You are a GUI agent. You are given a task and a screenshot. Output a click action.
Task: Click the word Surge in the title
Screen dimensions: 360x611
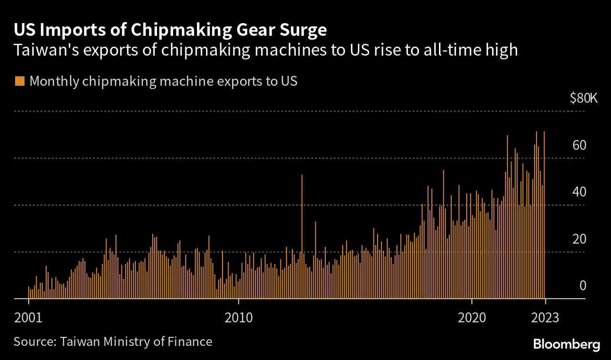click(304, 30)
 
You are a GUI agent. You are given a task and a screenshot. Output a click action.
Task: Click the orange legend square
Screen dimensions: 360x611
click(19, 81)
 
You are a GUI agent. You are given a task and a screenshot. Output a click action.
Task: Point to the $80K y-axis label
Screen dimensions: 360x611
click(583, 98)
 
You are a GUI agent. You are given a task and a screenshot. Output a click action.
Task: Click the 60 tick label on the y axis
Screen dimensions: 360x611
click(579, 145)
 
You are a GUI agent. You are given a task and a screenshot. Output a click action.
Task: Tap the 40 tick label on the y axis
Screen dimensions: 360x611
click(579, 192)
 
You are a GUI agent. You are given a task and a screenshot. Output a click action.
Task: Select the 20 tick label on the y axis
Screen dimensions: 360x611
click(579, 239)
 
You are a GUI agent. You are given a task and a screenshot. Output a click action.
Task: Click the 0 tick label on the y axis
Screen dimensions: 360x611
click(582, 286)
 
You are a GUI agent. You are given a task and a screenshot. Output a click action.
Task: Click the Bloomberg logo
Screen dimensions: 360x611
click(567, 344)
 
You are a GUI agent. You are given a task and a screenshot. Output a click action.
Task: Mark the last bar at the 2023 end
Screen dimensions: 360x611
click(544, 217)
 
